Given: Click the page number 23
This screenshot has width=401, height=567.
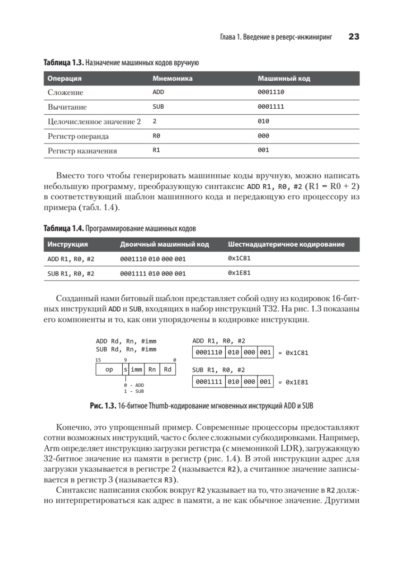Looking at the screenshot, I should [354, 37].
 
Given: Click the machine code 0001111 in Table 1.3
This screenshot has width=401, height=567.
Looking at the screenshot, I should [271, 107].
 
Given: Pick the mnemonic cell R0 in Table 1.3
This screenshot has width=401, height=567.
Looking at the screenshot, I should [157, 136].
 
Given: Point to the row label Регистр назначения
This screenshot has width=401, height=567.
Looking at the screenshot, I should [82, 151].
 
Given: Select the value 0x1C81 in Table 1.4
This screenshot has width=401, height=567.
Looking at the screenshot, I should [239, 259].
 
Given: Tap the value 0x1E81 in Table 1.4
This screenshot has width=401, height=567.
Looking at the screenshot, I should [239, 273].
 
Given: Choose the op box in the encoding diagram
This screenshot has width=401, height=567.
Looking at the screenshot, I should [109, 370].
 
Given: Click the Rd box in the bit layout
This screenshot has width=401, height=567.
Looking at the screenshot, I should [168, 370].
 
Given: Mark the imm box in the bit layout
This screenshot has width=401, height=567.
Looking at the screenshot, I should [137, 370].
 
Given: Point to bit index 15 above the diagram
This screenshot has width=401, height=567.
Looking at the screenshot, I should [98, 360].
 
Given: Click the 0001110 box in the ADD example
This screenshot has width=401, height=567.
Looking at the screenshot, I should [209, 352].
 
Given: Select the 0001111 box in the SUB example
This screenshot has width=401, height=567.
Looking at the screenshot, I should [209, 381].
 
